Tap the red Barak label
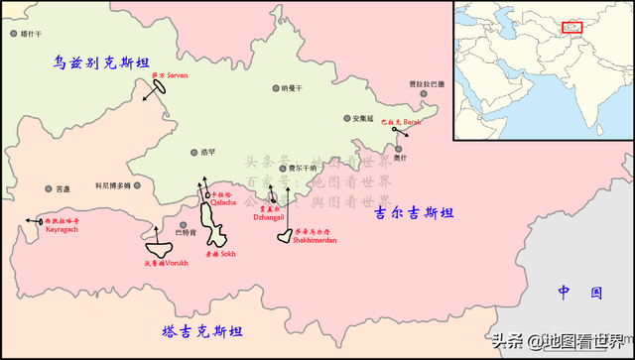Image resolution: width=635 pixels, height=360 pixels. [x=401, y=121]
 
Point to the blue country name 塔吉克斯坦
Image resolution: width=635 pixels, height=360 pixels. [x=202, y=330]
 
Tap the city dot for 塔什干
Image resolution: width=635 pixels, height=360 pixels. [x=14, y=34]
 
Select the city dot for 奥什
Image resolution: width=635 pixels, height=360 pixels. [x=398, y=150]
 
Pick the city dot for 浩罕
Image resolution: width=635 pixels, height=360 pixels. [x=194, y=153]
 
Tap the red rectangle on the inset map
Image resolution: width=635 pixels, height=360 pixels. [x=571, y=26]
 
